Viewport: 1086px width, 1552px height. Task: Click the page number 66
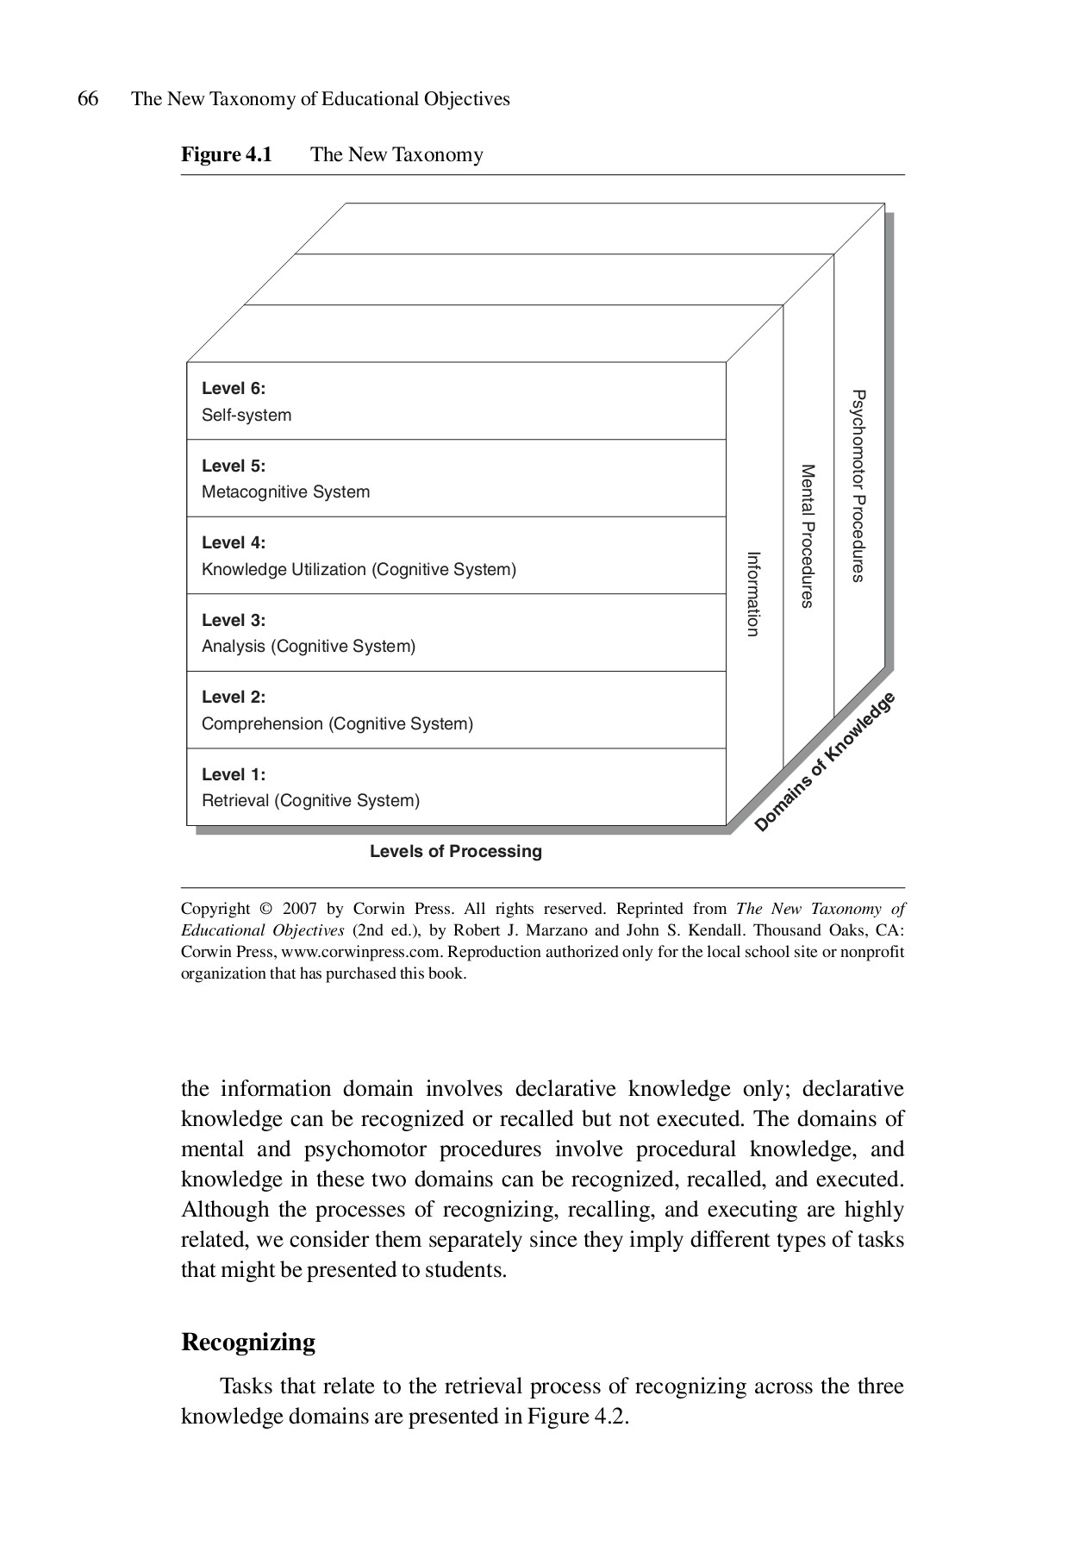click(88, 99)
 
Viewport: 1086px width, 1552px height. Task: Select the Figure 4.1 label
click(226, 155)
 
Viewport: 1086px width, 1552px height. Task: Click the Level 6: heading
click(234, 389)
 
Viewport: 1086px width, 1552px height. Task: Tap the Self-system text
click(247, 416)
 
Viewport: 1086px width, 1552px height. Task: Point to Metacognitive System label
click(285, 492)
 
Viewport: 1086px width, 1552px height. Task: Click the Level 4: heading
click(234, 543)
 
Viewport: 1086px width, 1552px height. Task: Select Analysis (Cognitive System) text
click(308, 647)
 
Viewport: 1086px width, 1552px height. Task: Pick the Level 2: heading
click(234, 698)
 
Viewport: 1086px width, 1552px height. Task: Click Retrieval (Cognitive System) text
click(310, 801)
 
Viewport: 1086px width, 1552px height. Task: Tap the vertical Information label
click(752, 594)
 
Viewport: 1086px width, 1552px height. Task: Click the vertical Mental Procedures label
click(808, 536)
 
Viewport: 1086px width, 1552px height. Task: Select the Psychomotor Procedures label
click(858, 485)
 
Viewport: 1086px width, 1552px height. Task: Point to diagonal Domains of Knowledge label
click(825, 762)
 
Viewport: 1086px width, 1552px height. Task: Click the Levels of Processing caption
click(455, 852)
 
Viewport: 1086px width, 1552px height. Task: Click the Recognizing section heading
click(248, 1342)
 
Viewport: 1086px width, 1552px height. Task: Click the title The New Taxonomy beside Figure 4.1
click(396, 155)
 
